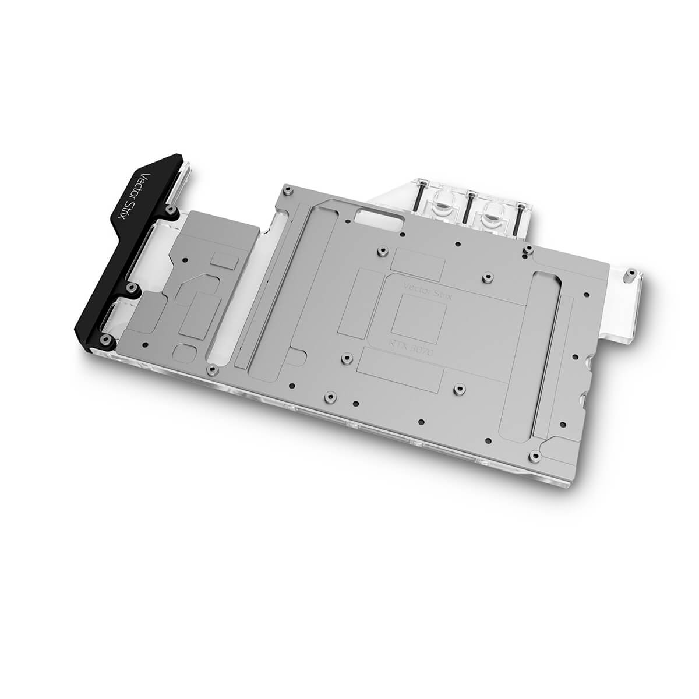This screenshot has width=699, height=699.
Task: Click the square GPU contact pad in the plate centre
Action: pos(419,315)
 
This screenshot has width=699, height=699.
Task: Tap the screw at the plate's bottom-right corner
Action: pos(535,453)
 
